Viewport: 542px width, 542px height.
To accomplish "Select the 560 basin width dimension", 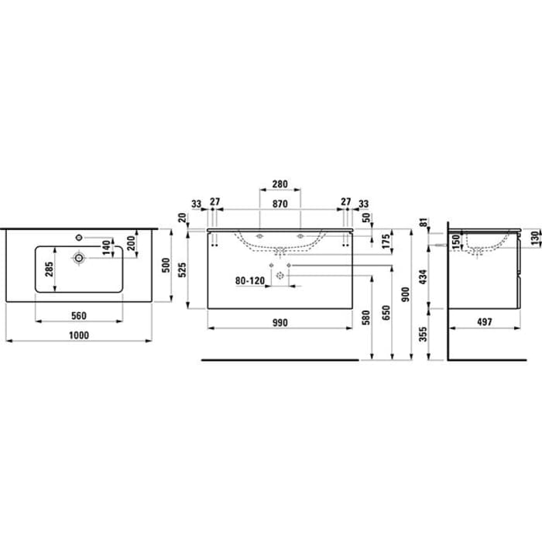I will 78,315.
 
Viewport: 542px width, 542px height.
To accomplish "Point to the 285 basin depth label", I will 48,269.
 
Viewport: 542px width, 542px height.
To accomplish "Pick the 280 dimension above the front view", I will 280,185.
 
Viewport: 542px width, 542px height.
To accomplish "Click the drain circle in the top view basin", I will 79,257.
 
